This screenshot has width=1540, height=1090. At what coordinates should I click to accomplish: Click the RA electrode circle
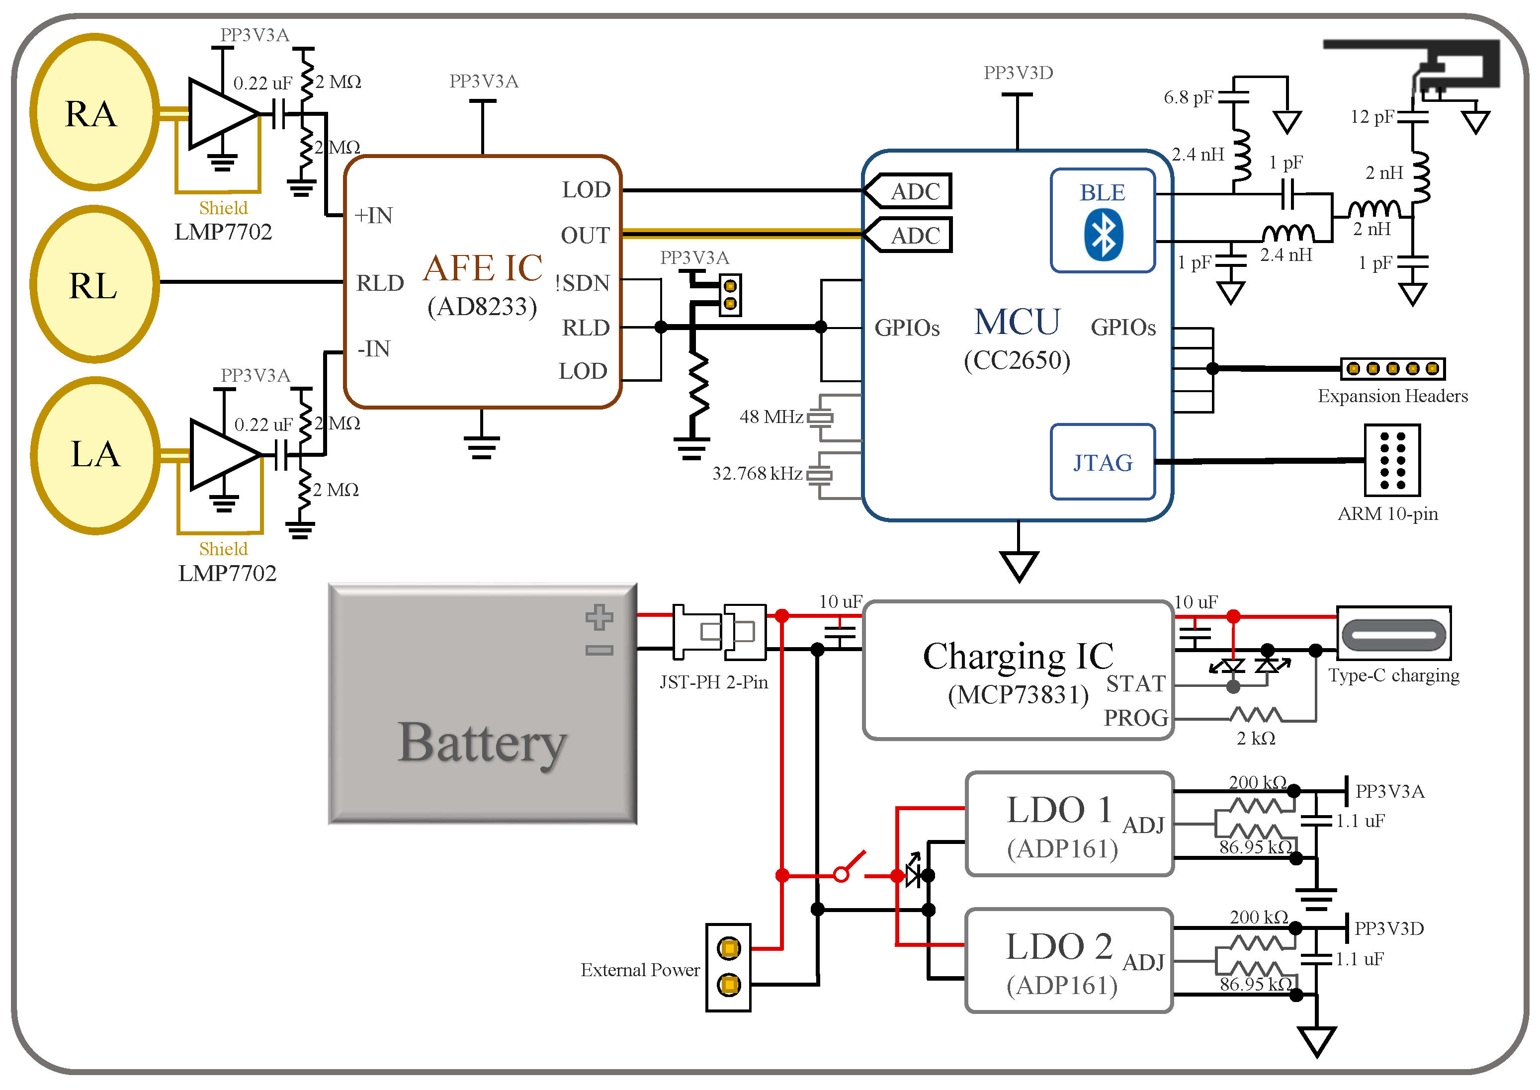coord(94,112)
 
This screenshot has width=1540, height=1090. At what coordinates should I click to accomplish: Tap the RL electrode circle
coord(94,285)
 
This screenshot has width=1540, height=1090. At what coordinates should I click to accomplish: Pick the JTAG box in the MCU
coord(1102,462)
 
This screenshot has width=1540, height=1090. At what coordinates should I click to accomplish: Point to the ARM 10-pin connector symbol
coord(1392,460)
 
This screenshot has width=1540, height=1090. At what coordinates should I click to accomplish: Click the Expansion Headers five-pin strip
coord(1392,368)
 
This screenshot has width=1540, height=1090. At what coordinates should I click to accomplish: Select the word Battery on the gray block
coord(482,743)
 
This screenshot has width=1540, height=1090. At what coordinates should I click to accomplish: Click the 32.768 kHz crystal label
coord(757,474)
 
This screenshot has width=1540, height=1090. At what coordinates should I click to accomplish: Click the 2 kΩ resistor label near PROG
coord(1255,738)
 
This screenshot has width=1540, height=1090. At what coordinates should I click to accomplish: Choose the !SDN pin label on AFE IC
coord(582,283)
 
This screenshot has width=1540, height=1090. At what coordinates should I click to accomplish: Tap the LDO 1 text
coord(1059,810)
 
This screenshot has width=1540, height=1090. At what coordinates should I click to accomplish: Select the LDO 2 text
coord(1059,947)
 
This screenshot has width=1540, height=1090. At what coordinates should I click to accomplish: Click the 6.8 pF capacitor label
coord(1188,97)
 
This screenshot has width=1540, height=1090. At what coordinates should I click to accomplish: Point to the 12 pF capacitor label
coord(1371,117)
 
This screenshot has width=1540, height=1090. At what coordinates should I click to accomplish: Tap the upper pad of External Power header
coord(728,948)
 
